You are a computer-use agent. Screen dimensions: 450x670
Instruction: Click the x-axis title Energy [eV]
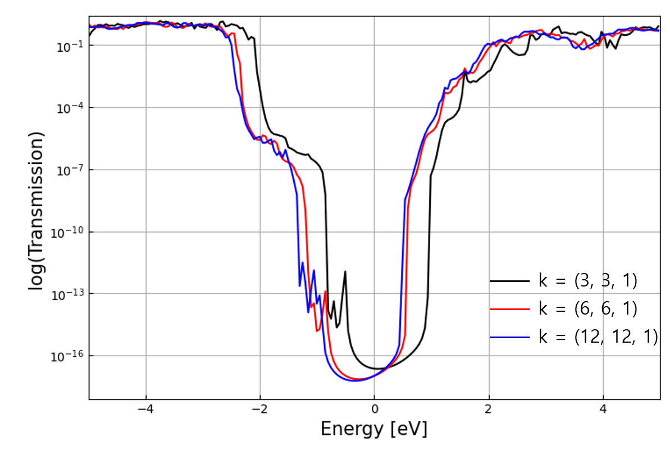coord(373,429)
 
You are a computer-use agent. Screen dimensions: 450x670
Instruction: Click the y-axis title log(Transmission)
coord(37,211)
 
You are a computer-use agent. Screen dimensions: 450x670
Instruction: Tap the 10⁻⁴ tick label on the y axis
coord(69,108)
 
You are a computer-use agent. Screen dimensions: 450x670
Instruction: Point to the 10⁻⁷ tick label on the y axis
coord(69,170)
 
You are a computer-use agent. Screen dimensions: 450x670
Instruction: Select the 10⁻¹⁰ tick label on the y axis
coord(67,232)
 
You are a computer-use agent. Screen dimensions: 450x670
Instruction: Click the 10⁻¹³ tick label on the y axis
coord(67,294)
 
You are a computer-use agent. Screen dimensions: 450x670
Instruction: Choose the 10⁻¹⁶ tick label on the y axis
coord(67,356)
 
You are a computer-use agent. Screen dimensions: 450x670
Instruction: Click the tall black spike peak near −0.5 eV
coord(345,272)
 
